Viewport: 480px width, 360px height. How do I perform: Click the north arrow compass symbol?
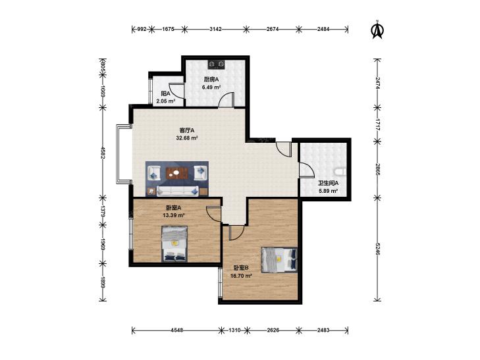click(x=378, y=30)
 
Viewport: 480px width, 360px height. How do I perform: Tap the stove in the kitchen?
click(x=217, y=64)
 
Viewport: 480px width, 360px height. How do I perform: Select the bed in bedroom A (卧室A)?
click(x=174, y=244)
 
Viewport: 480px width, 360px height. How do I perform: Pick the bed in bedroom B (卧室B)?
click(x=279, y=260)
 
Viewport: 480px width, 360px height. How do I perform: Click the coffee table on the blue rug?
click(x=176, y=173)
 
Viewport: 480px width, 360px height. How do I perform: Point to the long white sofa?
click(x=178, y=191)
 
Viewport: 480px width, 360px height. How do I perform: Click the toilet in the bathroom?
click(x=340, y=172)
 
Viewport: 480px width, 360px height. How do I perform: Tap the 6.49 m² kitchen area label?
click(x=211, y=87)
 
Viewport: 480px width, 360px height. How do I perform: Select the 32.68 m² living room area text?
click(x=187, y=138)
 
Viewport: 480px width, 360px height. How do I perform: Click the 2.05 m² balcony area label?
click(x=166, y=101)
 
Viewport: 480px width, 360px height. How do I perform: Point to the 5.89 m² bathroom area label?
click(x=328, y=191)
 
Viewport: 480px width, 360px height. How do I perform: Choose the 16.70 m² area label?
click(x=241, y=276)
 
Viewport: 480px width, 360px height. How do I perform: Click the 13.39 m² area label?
click(x=173, y=215)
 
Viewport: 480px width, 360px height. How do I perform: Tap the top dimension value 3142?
click(x=215, y=30)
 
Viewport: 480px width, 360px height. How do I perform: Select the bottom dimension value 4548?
click(x=177, y=330)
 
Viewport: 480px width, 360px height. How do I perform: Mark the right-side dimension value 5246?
click(x=378, y=249)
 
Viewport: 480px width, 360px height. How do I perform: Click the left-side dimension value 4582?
click(x=103, y=153)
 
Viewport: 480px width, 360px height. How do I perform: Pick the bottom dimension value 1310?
click(x=234, y=330)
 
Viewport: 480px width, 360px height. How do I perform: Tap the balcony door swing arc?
click(x=176, y=91)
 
